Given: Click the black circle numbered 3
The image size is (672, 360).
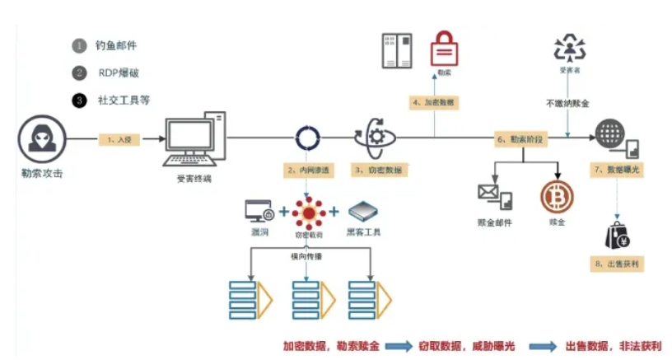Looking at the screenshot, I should (79, 101).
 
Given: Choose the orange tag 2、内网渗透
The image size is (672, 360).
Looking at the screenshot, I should (307, 171).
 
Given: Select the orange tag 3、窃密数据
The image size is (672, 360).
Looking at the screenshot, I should (377, 171).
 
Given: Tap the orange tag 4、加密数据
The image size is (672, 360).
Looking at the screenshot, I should (434, 103).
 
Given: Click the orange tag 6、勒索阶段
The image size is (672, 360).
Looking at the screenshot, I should (520, 140).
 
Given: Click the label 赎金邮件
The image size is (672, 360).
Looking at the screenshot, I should (496, 222).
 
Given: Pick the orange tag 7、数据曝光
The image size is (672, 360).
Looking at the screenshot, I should (616, 171).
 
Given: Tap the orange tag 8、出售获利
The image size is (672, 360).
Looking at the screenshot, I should (616, 265).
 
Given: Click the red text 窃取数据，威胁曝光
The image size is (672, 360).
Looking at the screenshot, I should (464, 347).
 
